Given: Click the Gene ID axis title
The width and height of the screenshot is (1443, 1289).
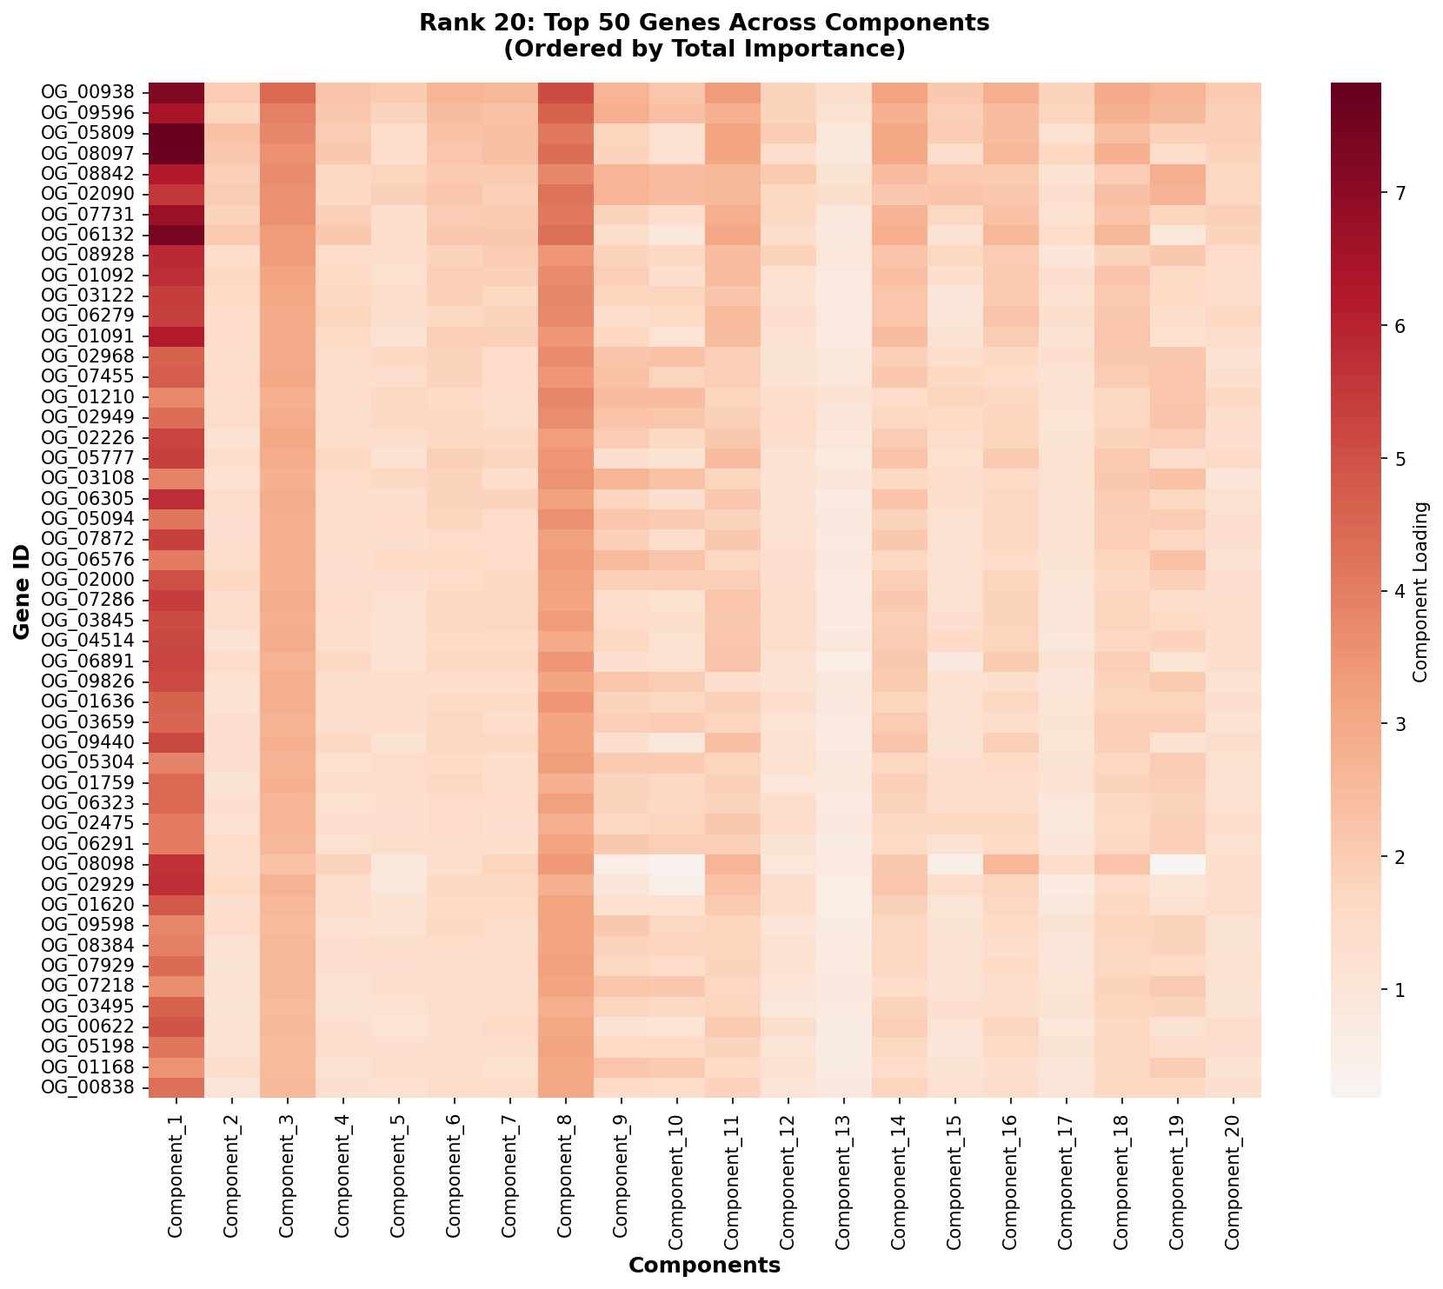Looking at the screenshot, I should (21, 590).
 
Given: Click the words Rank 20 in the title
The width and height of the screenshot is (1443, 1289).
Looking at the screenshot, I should (459, 23).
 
